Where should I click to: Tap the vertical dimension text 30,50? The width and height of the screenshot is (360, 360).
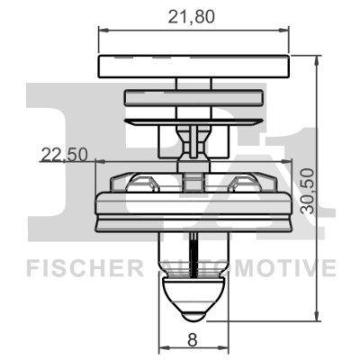point(310,189)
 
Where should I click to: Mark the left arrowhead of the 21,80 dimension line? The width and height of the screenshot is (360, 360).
point(102,31)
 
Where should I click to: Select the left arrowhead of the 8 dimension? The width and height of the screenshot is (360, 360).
point(162,349)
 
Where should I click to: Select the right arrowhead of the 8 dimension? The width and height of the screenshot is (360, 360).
point(225,349)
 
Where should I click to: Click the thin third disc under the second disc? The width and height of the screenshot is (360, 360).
point(193,120)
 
